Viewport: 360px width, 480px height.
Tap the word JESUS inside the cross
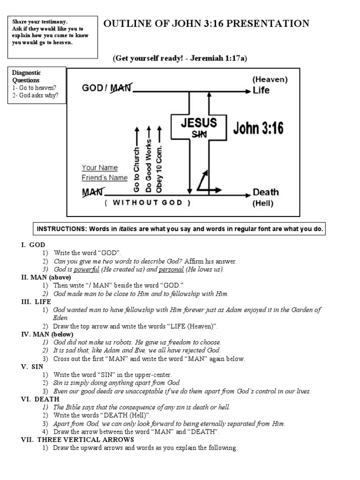pyautogui.click(x=199, y=123)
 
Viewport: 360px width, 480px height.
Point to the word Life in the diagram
pyautogui.click(x=261, y=90)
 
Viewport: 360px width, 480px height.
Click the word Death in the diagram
pyautogui.click(x=265, y=192)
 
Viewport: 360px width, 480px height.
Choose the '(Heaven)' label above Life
pyautogui.click(x=270, y=80)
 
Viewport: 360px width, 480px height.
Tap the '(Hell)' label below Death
pyautogui.click(x=263, y=203)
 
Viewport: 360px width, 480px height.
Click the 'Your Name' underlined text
pyautogui.click(x=100, y=167)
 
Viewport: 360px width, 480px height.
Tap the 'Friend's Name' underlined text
pyautogui.click(x=105, y=178)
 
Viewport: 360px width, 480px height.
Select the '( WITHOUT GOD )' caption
pyautogui.click(x=148, y=203)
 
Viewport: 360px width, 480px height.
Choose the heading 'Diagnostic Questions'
pyautogui.click(x=26, y=76)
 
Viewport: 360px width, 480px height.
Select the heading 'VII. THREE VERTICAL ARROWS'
pyautogui.click(x=77, y=439)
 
